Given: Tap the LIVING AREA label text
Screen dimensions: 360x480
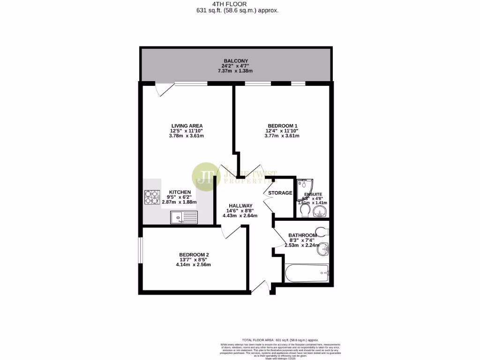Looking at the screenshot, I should click(187, 126).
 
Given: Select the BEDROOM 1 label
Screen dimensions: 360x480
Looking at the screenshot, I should click(282, 126).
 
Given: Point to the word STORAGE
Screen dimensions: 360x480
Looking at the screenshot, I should click(280, 193).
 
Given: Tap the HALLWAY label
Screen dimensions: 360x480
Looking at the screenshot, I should click(240, 206).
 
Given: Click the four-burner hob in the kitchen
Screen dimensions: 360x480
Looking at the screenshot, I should click(152, 197).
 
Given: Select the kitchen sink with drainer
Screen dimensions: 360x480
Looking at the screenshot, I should click(184, 217).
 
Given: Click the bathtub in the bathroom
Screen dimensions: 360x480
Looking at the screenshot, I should click(307, 272).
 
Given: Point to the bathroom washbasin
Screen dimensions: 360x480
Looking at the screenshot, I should click(323, 249).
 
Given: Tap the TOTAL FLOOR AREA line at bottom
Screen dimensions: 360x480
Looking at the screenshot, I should click(280, 340).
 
